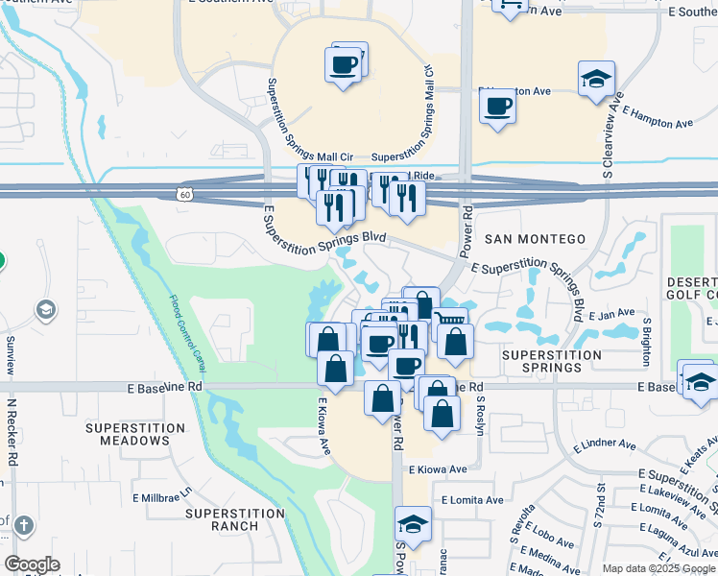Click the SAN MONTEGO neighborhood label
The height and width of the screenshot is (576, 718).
click(x=536, y=239)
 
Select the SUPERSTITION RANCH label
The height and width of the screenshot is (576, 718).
click(x=235, y=519)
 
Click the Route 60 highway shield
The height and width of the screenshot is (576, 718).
click(x=184, y=194)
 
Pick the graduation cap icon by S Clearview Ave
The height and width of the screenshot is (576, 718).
click(x=596, y=80)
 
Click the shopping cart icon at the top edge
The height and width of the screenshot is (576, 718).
click(x=509, y=6)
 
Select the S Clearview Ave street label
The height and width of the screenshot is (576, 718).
click(x=608, y=135)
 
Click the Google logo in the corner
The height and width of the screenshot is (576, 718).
click(x=33, y=564)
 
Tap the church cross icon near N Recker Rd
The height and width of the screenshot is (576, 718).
click(x=23, y=525)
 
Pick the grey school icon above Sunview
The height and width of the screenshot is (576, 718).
click(x=45, y=309)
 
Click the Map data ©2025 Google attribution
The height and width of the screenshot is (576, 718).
click(x=658, y=568)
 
